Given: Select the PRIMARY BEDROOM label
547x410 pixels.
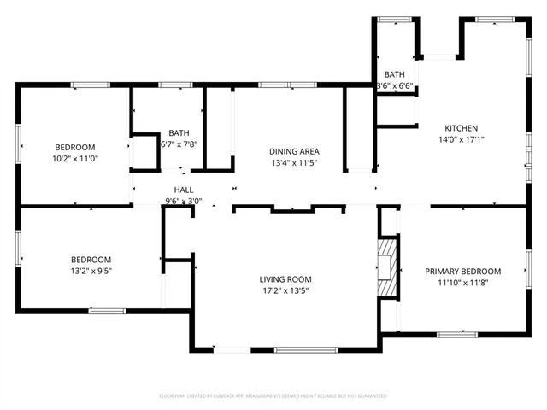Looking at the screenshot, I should point(463,271).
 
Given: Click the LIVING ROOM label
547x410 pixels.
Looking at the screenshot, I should point(285,279).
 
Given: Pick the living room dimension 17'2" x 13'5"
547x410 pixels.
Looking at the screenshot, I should point(285,290).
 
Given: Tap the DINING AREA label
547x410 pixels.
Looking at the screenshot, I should point(294,151).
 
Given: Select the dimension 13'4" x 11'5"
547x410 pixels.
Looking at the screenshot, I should point(294,162).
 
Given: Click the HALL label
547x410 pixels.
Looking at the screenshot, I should point(183,190).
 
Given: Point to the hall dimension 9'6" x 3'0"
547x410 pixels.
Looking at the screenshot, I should point(183,202).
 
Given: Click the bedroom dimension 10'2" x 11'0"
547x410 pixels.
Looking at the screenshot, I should point(75,158).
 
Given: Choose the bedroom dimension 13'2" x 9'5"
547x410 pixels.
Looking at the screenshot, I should point(91,271).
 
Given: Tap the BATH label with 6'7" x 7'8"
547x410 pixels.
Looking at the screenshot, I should point(179,132).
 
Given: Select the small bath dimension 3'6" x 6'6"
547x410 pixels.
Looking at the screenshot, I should point(395,86).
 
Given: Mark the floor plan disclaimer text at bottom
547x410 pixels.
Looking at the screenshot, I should point(273,396).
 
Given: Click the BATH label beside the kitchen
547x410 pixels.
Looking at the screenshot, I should point(395,75).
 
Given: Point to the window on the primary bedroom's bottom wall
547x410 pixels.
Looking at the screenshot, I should point(451,332).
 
